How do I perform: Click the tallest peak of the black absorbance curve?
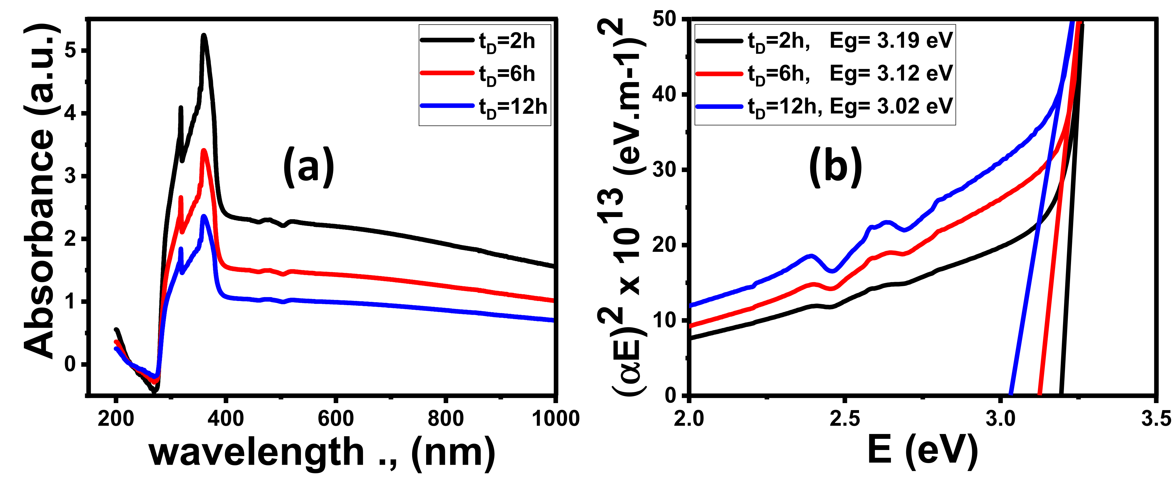(204, 35)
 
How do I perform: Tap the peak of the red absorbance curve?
(204, 150)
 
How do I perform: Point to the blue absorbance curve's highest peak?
(204, 216)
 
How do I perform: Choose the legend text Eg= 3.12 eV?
(891, 73)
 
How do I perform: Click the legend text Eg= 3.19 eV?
(891, 41)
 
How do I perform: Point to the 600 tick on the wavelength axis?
(336, 418)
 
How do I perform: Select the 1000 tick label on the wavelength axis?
(555, 418)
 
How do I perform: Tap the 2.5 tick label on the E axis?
(845, 418)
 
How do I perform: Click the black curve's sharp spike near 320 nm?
(181, 108)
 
